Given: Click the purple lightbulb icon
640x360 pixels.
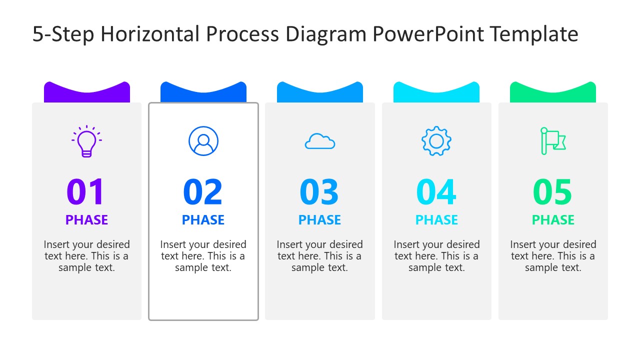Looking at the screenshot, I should (x=86, y=141).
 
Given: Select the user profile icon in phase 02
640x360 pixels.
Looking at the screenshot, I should (x=203, y=141).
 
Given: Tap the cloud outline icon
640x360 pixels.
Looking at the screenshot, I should (x=320, y=141).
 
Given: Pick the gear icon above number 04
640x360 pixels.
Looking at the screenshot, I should (x=436, y=141).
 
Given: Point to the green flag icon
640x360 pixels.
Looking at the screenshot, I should (x=552, y=141).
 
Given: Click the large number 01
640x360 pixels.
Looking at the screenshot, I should (x=86, y=192).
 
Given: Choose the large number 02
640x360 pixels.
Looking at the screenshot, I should (x=203, y=192).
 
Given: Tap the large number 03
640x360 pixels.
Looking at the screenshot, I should (x=319, y=192).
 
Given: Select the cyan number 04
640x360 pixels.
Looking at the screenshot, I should (x=436, y=192).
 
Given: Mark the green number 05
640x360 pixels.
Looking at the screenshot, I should (x=553, y=192).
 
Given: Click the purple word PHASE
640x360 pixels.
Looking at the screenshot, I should (x=86, y=220).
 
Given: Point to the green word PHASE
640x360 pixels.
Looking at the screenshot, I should (x=553, y=220).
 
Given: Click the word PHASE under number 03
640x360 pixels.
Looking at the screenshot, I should (x=319, y=220).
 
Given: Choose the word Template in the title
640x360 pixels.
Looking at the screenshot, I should (x=534, y=34).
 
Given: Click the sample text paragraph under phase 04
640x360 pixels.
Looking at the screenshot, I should (x=436, y=256).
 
